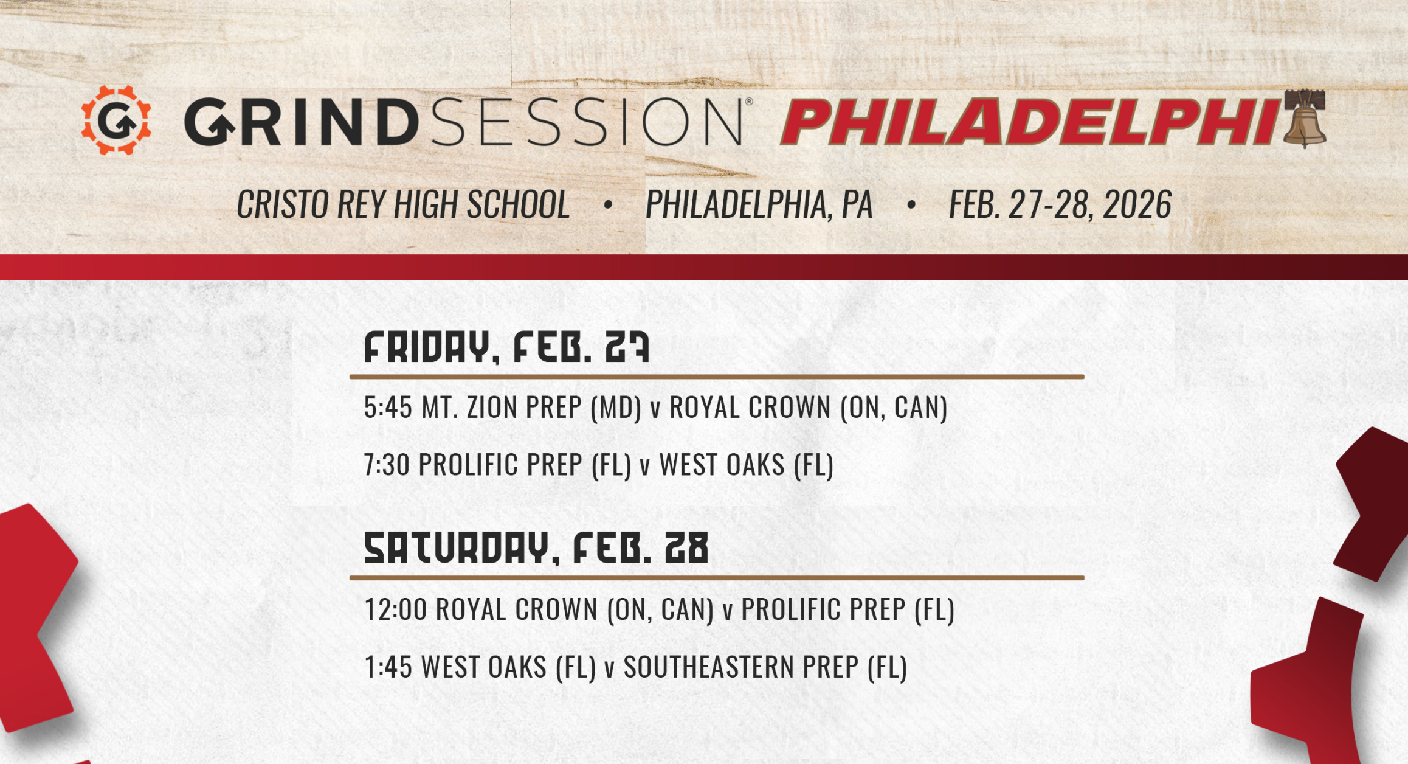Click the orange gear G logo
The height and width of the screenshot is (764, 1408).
click(x=116, y=120)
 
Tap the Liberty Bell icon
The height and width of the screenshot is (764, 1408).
click(x=1305, y=120)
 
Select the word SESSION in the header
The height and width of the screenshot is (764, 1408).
click(x=587, y=122)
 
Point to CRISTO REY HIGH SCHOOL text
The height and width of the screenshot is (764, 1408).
click(x=403, y=204)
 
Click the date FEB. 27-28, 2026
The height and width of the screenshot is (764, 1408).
click(x=1060, y=204)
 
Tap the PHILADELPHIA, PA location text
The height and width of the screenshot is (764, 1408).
click(x=759, y=204)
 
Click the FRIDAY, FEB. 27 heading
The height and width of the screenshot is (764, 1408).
click(x=506, y=347)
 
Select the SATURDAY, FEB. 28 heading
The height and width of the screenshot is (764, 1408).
click(x=536, y=548)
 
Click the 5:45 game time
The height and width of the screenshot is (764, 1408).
click(x=388, y=408)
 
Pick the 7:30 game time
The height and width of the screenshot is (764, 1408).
click(x=387, y=465)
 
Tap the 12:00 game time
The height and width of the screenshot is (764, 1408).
click(x=396, y=609)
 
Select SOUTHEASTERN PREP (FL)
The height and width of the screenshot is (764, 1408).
click(x=765, y=667)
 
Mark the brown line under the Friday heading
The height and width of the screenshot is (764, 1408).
click(x=717, y=377)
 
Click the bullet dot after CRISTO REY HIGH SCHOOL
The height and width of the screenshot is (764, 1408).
click(x=607, y=205)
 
